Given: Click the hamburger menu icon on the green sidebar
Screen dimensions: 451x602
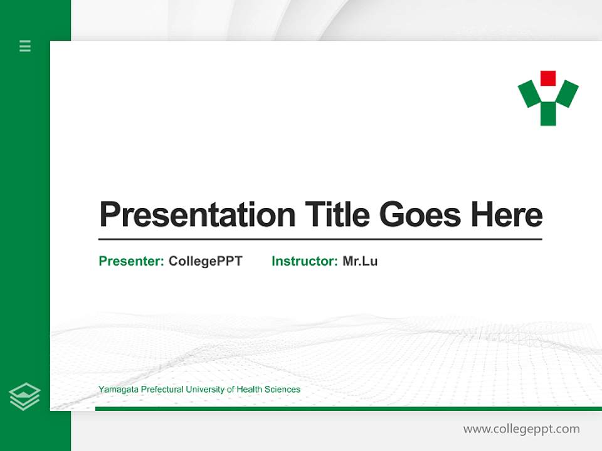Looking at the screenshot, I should tap(25, 46).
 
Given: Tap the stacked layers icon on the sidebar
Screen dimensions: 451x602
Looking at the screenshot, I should tap(24, 397).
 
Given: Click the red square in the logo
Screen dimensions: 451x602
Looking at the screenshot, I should tap(548, 78).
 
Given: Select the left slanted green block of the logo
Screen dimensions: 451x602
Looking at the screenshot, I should tap(529, 94).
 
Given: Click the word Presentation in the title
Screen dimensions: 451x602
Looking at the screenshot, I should tap(197, 215).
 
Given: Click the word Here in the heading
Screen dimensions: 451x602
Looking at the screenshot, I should tap(506, 215).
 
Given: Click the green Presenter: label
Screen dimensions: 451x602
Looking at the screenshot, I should tap(131, 261).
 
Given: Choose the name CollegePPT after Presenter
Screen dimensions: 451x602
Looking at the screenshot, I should tap(205, 261).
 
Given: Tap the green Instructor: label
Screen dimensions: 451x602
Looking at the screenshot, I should tap(304, 261).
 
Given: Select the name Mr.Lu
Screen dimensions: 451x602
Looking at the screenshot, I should tap(360, 261).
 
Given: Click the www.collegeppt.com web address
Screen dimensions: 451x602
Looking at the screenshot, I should tap(521, 429).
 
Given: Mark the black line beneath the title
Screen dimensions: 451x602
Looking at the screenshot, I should tap(320, 239).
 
